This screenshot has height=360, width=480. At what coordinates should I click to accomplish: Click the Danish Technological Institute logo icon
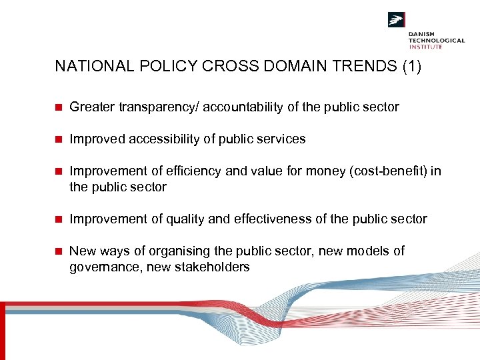(397, 20)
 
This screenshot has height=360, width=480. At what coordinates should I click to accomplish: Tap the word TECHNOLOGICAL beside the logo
(437, 41)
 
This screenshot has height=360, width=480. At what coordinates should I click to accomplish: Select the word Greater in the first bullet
(91, 107)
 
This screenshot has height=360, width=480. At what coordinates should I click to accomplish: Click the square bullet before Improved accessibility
(59, 139)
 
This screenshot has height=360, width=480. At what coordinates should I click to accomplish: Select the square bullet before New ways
(59, 251)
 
